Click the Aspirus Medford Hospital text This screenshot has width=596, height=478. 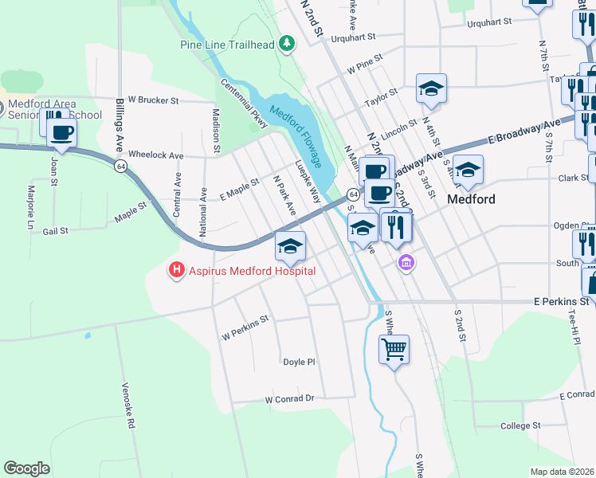click(x=252, y=271)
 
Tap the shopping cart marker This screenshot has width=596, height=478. click(x=394, y=348)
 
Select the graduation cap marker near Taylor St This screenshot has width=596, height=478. click(x=431, y=88)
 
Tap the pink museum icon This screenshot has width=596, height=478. click(x=406, y=262)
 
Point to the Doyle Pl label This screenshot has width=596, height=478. click(x=300, y=362)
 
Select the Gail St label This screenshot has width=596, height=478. click(x=57, y=231)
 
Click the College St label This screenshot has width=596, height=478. click(x=521, y=426)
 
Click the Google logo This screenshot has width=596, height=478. click(x=26, y=468)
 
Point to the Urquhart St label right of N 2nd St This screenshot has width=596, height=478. click(x=487, y=24)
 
